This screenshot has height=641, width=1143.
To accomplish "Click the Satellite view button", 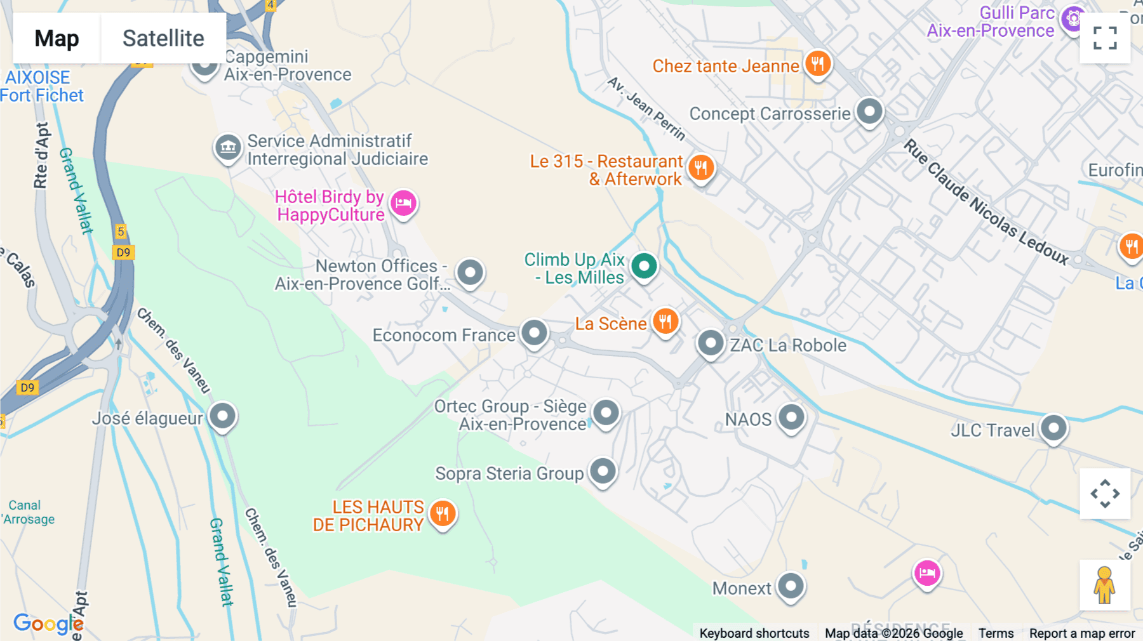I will [x=163, y=38].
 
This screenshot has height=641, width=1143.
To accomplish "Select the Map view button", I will [x=57, y=38].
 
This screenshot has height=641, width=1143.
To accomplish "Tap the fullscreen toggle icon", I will [x=1105, y=38].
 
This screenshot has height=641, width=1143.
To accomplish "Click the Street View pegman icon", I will [x=1104, y=585].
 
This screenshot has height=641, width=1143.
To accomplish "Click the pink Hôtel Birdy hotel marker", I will [x=403, y=204].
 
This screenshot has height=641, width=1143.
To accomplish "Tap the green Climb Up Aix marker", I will [x=644, y=266].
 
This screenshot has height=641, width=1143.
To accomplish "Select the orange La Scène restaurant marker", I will [x=665, y=322].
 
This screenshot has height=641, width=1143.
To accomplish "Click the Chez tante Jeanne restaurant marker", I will [x=818, y=64].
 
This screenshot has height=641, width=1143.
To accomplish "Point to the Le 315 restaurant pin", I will [x=700, y=168].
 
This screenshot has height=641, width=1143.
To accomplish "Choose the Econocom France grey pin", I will [x=534, y=333].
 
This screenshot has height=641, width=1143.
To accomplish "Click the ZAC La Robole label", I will [x=787, y=345].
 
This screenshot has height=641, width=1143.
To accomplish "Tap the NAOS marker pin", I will [x=791, y=418].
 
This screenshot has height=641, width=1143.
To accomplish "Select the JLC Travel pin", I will [x=1053, y=428].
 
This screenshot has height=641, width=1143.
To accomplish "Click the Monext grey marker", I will [x=791, y=586].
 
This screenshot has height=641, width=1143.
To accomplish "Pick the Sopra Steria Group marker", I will [x=603, y=472].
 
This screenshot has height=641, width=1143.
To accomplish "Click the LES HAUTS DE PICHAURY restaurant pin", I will [x=443, y=513].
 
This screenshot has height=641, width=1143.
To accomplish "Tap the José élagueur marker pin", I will [x=222, y=416].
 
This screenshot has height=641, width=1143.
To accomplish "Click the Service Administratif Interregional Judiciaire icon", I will [x=228, y=148].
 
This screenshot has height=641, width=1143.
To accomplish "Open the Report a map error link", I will [x=1082, y=633].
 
